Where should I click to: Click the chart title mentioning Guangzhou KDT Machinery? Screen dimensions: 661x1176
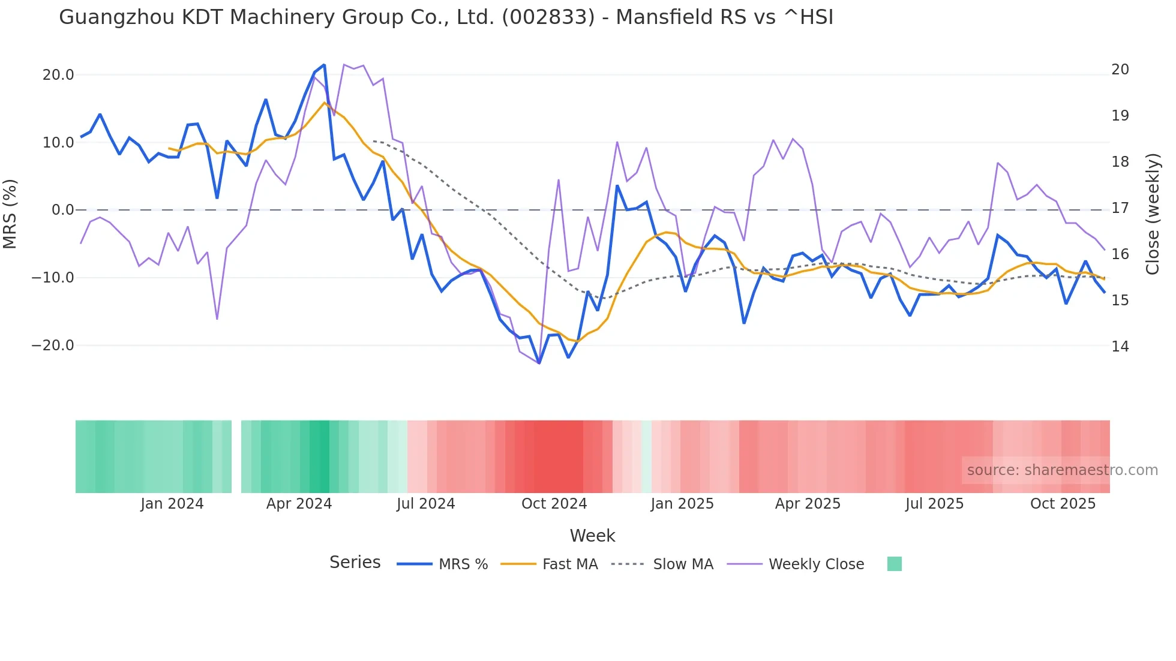click(x=446, y=17)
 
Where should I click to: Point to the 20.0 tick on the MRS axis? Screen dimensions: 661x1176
click(x=58, y=75)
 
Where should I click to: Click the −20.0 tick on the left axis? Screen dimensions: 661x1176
click(x=53, y=345)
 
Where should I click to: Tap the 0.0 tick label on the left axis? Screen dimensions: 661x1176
click(x=62, y=210)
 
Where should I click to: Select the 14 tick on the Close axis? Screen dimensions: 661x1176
click(x=1120, y=347)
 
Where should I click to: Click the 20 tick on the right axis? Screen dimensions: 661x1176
click(x=1120, y=70)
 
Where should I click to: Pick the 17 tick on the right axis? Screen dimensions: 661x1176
click(x=1120, y=208)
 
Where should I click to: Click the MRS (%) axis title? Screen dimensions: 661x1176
click(x=10, y=214)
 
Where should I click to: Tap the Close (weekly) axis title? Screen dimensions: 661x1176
click(x=1152, y=214)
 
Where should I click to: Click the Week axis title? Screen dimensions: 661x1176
click(x=592, y=536)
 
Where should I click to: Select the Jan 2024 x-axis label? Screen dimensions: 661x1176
click(x=172, y=504)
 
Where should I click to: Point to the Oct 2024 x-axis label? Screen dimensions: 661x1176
click(x=554, y=504)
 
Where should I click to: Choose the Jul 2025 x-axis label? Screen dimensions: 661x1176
click(x=934, y=504)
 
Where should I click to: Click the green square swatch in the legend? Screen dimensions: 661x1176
click(x=894, y=564)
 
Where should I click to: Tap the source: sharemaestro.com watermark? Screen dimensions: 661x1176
click(x=1062, y=470)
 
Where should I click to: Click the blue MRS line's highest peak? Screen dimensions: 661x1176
click(x=324, y=65)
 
